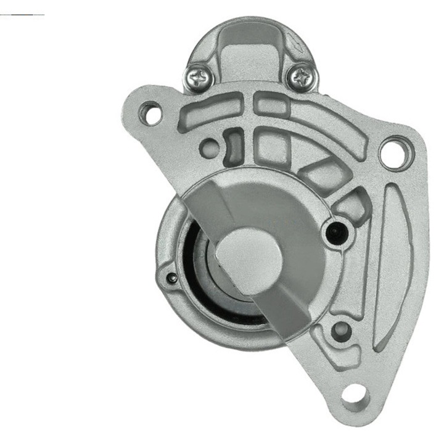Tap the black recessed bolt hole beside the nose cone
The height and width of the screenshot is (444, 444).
pos(336,232)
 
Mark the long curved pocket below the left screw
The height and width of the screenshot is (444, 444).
pos(210,113)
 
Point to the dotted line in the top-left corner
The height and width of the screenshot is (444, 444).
pos(22,14)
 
